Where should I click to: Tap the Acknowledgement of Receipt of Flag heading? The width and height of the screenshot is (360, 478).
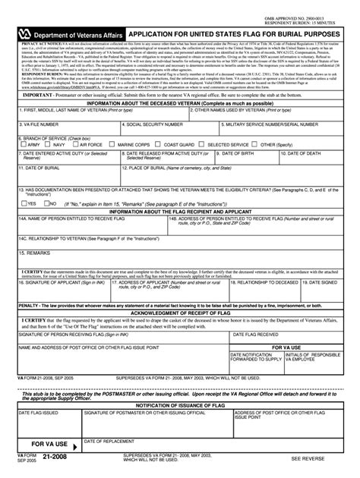point(180,312)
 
